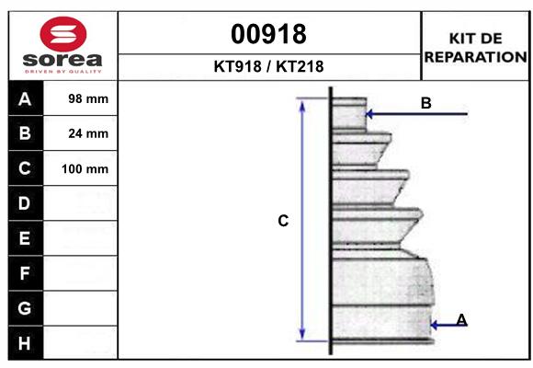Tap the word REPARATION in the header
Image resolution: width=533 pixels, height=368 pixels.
click(x=475, y=57)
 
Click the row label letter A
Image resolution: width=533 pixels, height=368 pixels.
click(x=25, y=99)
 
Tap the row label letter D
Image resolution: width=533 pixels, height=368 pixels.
click(x=25, y=202)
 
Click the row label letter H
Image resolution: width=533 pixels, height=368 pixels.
click(x=25, y=343)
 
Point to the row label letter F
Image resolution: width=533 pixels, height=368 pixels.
click(x=25, y=273)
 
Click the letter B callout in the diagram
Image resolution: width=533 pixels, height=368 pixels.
click(x=425, y=103)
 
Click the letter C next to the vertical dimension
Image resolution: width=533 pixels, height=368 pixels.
click(x=283, y=221)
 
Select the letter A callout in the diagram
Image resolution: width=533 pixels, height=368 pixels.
click(x=461, y=319)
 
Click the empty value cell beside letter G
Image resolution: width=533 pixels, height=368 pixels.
click(x=81, y=308)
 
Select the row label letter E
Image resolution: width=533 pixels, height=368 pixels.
click(x=25, y=238)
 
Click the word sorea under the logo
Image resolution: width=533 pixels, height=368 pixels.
click(x=62, y=61)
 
